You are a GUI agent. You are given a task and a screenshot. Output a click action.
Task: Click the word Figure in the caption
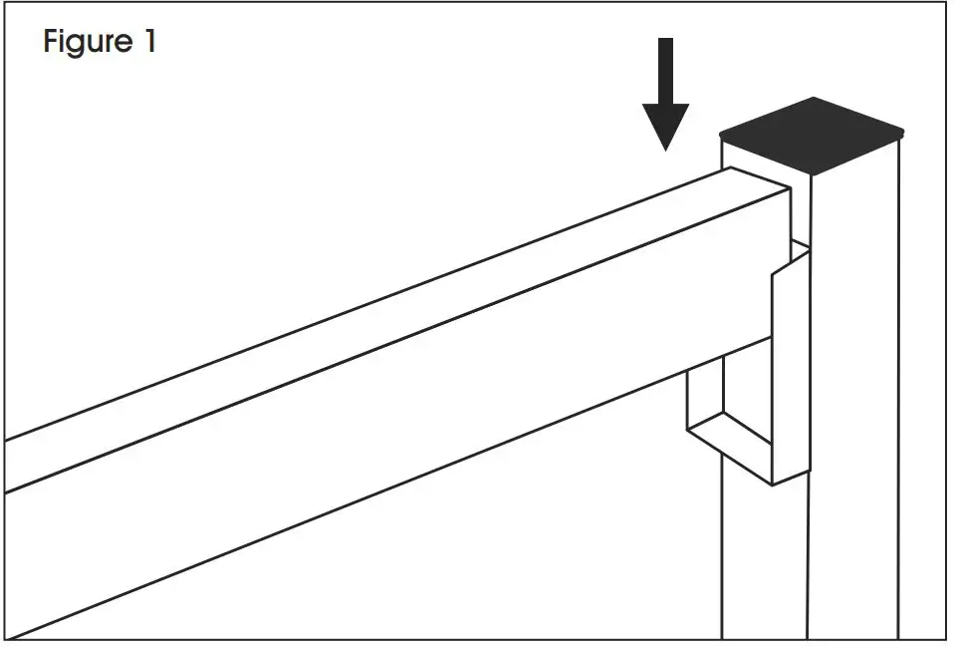click(x=88, y=42)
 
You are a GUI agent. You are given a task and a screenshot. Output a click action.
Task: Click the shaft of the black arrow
click(x=665, y=70)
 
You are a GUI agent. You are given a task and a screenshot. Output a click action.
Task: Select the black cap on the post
click(x=812, y=136)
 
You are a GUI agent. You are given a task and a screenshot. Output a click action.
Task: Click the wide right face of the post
click(x=854, y=399)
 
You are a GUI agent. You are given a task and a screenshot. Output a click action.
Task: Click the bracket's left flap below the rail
click(x=702, y=399)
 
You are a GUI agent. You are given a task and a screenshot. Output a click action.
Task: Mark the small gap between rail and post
click(x=799, y=213)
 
